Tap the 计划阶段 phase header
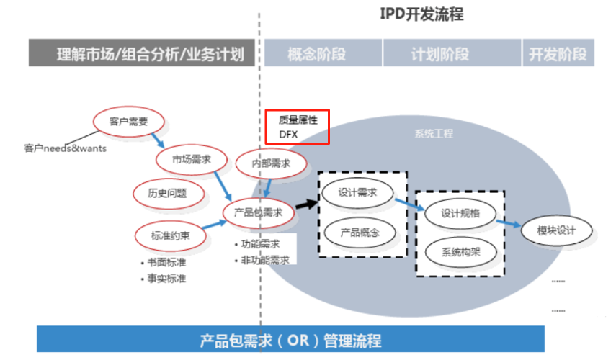(x=439, y=53)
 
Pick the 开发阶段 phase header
(x=558, y=53)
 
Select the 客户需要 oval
(x=129, y=121)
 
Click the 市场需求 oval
(x=192, y=161)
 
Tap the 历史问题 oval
(x=167, y=193)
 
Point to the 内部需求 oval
(x=271, y=163)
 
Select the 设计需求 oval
(x=357, y=193)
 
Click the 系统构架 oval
(x=461, y=252)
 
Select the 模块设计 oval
(x=557, y=230)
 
